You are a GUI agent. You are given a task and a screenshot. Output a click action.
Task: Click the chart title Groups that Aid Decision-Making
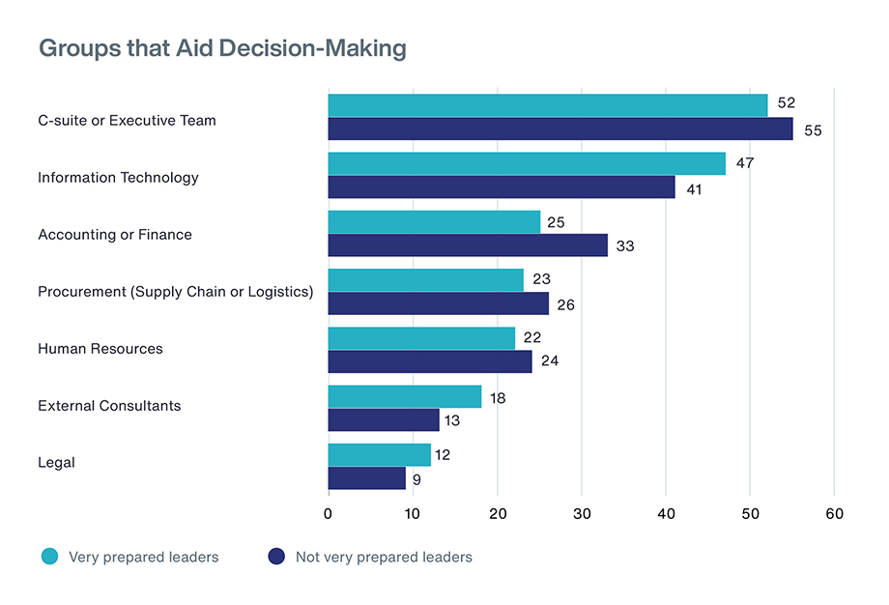pyautogui.click(x=222, y=48)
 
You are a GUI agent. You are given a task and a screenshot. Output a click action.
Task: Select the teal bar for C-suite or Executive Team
pyautogui.click(x=548, y=105)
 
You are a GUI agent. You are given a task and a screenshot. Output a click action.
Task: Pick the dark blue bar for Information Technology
pyautogui.click(x=502, y=187)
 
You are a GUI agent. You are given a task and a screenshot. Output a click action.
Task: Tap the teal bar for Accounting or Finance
pyautogui.click(x=434, y=222)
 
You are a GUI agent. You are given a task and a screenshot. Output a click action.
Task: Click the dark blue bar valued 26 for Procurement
pyautogui.click(x=438, y=303)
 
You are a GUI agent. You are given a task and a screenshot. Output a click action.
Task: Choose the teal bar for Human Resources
pyautogui.click(x=421, y=338)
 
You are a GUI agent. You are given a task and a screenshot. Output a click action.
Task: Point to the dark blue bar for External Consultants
pyautogui.click(x=384, y=420)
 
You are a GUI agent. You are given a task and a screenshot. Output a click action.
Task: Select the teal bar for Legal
pyautogui.click(x=379, y=454)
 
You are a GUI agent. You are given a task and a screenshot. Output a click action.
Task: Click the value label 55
pyautogui.click(x=813, y=130)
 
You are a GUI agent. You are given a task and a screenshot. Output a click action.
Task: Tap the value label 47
pyautogui.click(x=745, y=163)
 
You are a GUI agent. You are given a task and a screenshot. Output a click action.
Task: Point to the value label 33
pyautogui.click(x=625, y=246)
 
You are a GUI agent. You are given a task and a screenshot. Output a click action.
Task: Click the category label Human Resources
pyautogui.click(x=100, y=349)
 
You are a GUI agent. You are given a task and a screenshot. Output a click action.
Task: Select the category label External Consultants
pyautogui.click(x=109, y=406)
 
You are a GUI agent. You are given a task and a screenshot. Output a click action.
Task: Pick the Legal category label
pyautogui.click(x=56, y=463)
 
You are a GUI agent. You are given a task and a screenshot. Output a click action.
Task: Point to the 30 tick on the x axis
pyautogui.click(x=582, y=514)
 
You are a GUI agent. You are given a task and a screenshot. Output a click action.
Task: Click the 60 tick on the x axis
pyautogui.click(x=834, y=514)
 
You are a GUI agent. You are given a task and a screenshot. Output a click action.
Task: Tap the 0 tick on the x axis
pyautogui.click(x=329, y=514)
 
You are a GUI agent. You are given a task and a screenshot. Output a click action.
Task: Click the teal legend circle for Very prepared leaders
pyautogui.click(x=49, y=557)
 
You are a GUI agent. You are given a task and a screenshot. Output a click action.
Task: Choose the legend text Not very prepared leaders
pyautogui.click(x=384, y=557)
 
